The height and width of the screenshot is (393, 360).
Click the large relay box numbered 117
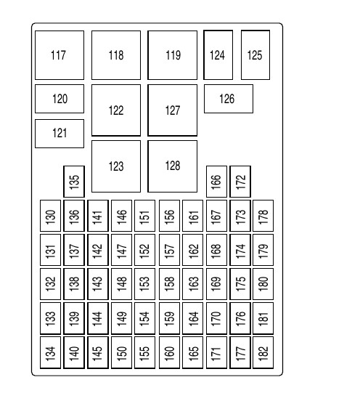(x=60, y=55)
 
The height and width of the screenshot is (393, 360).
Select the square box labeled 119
(x=172, y=55)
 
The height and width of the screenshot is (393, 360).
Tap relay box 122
(x=116, y=110)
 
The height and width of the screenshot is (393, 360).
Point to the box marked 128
(x=172, y=166)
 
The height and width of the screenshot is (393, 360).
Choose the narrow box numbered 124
(x=218, y=55)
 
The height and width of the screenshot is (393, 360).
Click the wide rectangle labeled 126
(x=229, y=99)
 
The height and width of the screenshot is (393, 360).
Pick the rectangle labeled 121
(x=60, y=134)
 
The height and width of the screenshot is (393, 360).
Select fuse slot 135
(x=74, y=182)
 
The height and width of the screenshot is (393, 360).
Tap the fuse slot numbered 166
(x=216, y=182)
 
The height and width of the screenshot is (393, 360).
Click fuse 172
(x=240, y=182)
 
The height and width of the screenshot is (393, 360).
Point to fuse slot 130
(x=50, y=216)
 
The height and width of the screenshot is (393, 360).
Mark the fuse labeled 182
(x=263, y=352)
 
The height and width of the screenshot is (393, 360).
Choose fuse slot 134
(x=50, y=352)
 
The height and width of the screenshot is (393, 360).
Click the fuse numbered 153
(x=144, y=284)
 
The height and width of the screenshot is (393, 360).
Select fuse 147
(x=121, y=250)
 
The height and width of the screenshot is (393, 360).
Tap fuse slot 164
(x=192, y=318)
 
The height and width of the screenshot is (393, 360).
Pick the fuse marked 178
(x=263, y=216)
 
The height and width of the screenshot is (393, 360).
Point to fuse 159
(x=169, y=318)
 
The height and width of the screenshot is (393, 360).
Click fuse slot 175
(x=240, y=284)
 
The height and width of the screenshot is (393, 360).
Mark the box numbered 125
(x=255, y=55)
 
